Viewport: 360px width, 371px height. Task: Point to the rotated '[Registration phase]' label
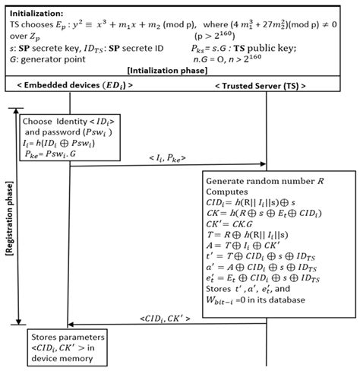tap(9, 216)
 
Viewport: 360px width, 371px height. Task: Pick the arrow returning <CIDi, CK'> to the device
tap(167, 324)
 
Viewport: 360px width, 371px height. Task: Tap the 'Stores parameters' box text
tap(68, 336)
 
